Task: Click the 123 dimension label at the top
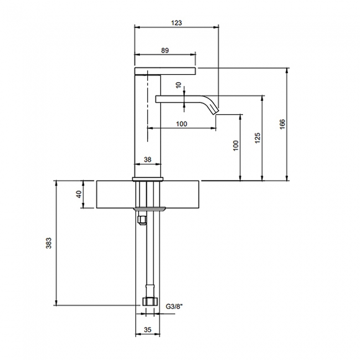[x=177, y=23]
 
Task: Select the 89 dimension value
[x=165, y=50]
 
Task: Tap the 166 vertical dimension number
[x=282, y=124]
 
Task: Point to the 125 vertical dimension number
[x=258, y=138]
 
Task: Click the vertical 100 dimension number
[x=236, y=146]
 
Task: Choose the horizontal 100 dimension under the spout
[x=182, y=124]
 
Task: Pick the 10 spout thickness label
[x=179, y=85]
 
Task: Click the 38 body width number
[x=148, y=160]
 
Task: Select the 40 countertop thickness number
[x=79, y=194]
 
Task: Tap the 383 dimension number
[x=49, y=243]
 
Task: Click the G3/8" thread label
[x=174, y=306]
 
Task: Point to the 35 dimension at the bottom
[x=148, y=330]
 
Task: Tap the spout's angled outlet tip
[x=217, y=112]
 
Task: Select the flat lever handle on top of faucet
[x=165, y=71]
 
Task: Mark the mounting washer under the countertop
[x=150, y=209]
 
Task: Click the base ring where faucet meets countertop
[x=148, y=179]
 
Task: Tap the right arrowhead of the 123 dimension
[x=216, y=27]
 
